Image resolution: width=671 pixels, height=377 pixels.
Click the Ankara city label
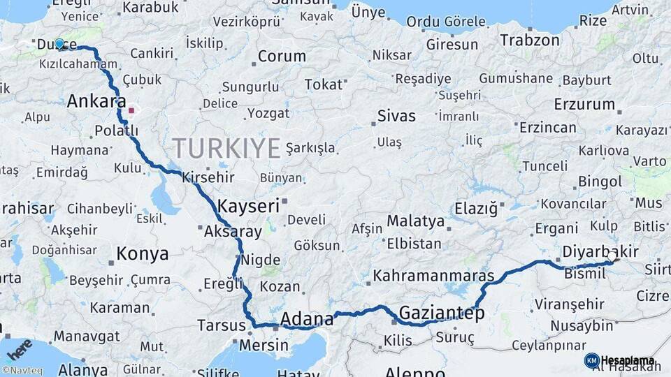pyautogui.click(x=96, y=102)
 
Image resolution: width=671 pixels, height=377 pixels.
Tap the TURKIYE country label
pyautogui.click(x=226, y=148)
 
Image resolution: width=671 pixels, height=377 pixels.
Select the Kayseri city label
pyautogui.click(x=248, y=206)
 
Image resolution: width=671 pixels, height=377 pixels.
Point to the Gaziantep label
pyautogui.click(x=442, y=313)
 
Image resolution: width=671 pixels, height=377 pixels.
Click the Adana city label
pyautogui.click(x=307, y=320)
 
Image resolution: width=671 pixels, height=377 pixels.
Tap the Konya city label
pyautogui.click(x=142, y=253)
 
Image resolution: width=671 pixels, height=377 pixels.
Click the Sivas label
pyautogui.click(x=396, y=116)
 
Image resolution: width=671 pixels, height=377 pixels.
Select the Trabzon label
pyautogui.click(x=530, y=40)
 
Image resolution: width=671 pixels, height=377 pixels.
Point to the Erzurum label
pyautogui.click(x=584, y=105)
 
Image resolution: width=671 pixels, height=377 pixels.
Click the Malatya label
pyautogui.click(x=415, y=221)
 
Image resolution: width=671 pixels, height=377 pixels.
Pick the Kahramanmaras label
pyautogui.click(x=433, y=276)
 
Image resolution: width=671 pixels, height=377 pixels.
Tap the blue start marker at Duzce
pyautogui.click(x=60, y=44)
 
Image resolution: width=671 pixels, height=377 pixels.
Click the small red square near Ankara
pyautogui.click(x=131, y=110)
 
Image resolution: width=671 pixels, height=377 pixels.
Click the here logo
pyautogui.click(x=20, y=347)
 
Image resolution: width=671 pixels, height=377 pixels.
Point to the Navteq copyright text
pyautogui.click(x=22, y=371)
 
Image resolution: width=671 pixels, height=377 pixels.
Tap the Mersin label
pyautogui.click(x=264, y=346)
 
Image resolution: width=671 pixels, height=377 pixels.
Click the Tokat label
pyautogui.click(x=323, y=84)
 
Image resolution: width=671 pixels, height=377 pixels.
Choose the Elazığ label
pyautogui.click(x=475, y=208)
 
